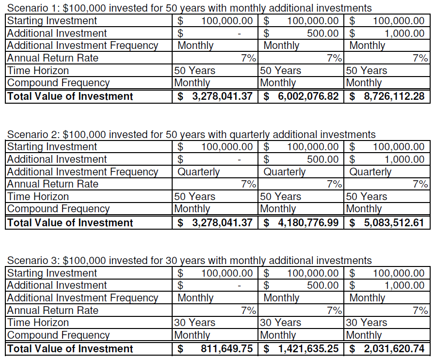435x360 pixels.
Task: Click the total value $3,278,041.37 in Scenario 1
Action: tap(215, 96)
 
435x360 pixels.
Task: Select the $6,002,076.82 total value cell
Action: tap(301, 96)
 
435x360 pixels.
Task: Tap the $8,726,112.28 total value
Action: tap(387, 96)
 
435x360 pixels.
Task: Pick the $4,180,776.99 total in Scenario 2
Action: tap(301, 222)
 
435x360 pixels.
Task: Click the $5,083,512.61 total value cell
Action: tap(387, 222)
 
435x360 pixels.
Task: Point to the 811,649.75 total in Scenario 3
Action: tap(226, 348)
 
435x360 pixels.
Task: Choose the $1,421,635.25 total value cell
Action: tap(301, 348)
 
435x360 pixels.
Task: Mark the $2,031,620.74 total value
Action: tap(387, 348)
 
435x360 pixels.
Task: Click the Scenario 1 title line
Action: tap(190, 8)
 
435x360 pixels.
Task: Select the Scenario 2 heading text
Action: tap(192, 134)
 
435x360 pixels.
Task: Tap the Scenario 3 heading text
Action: tap(190, 261)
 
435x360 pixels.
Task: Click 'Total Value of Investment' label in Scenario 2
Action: tap(70, 222)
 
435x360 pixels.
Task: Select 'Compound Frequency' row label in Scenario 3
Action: tap(58, 335)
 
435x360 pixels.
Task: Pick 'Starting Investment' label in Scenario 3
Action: tap(52, 273)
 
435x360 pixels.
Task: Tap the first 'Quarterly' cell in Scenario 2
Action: tap(198, 172)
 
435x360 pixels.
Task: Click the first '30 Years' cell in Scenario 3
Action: tap(194, 322)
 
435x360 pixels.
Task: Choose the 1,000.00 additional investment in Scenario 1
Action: tap(404, 33)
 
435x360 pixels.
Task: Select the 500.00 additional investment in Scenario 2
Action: tap(322, 159)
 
